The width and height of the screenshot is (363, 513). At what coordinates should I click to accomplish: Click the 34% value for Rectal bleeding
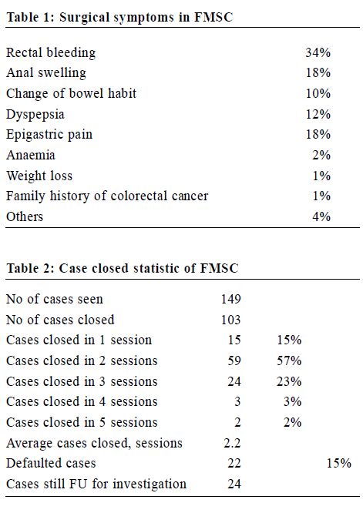point(318,52)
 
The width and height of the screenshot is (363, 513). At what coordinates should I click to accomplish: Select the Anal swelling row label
point(46,73)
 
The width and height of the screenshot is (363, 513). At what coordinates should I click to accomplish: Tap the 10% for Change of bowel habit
point(318,93)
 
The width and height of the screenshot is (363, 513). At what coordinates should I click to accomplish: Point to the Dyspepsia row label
point(35,115)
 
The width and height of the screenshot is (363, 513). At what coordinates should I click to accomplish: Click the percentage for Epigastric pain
point(318,135)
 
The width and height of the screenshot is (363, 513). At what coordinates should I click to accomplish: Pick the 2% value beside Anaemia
point(321,155)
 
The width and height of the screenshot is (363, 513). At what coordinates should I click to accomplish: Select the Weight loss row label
point(39,176)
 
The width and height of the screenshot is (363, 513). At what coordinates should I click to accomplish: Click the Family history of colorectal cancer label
point(107,196)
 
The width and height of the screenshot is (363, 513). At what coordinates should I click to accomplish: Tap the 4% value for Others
point(321,216)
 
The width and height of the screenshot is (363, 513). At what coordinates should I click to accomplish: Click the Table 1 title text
point(119,17)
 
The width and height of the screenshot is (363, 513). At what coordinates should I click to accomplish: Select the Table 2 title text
point(123,268)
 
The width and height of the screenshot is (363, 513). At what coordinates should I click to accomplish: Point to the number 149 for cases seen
point(230,299)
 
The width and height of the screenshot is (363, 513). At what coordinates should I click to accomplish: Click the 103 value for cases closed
point(230,320)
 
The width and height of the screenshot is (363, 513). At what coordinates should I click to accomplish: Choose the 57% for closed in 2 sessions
point(289,360)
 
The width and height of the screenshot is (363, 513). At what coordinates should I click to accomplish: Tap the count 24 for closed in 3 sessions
point(234,381)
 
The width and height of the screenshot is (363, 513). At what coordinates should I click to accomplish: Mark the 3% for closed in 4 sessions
point(292,402)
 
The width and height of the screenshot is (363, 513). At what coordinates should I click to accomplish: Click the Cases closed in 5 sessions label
point(82,422)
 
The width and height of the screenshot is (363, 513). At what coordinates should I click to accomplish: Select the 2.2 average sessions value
point(232,443)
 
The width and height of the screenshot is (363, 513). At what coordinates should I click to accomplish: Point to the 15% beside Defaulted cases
point(339,463)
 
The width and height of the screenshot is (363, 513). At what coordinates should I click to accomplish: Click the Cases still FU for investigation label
point(96,484)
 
